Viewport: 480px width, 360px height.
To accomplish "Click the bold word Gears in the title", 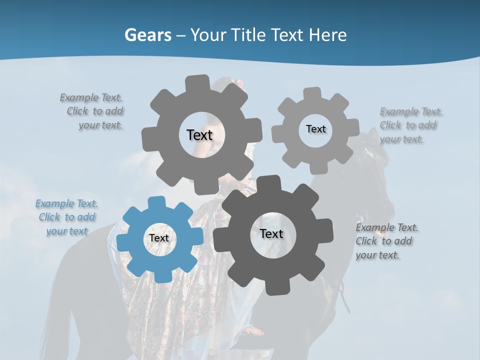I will point(148,35).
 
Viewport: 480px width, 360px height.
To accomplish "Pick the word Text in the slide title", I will point(289,35).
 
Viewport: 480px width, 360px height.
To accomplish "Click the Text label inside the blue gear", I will point(159,238).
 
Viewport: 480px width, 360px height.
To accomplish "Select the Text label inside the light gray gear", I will point(315,129).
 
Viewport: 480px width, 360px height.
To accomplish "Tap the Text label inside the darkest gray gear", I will point(271,234).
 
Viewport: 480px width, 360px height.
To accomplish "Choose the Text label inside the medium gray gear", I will point(199,135).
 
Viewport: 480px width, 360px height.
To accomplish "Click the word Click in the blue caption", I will point(49,217).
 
